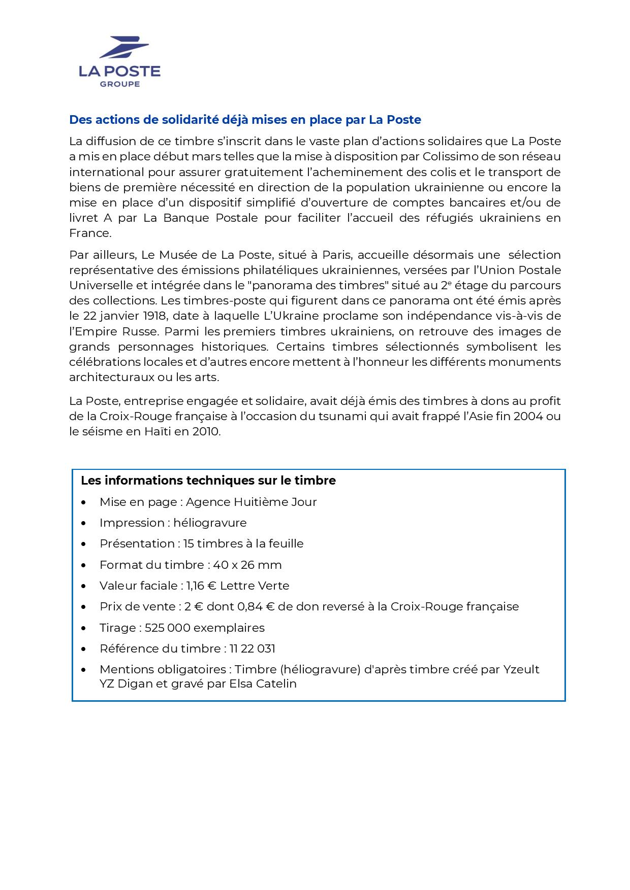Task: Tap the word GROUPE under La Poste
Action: click(x=119, y=84)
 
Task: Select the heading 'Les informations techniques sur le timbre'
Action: click(x=208, y=481)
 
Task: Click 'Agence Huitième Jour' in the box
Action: click(x=251, y=502)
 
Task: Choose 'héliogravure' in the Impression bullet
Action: click(x=210, y=523)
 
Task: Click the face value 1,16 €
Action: click(x=201, y=586)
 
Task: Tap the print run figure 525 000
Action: click(x=167, y=628)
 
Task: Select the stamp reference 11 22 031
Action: click(x=252, y=649)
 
